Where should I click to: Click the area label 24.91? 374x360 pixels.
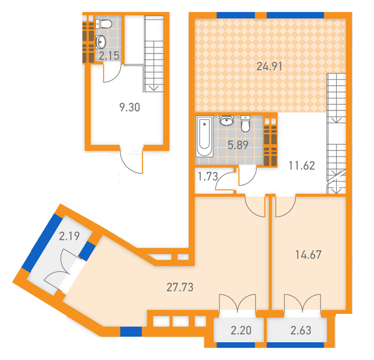pyautogui.click(x=269, y=66)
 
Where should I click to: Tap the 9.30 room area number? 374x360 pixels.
pyautogui.click(x=129, y=108)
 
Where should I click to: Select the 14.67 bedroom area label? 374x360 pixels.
pyautogui.click(x=308, y=255)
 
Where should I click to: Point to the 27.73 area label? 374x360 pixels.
pyautogui.click(x=180, y=288)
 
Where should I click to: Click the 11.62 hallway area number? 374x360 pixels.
pyautogui.click(x=302, y=166)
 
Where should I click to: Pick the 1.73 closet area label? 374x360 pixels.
pyautogui.click(x=208, y=177)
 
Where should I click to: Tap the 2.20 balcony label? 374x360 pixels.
pyautogui.click(x=241, y=331)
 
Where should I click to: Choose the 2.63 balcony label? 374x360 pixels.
pyautogui.click(x=301, y=331)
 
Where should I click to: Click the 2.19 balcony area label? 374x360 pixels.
pyautogui.click(x=69, y=236)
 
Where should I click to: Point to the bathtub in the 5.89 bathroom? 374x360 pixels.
pyautogui.click(x=204, y=136)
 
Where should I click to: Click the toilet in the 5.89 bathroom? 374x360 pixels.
pyautogui.click(x=246, y=124)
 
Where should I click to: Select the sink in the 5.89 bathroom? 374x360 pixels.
pyautogui.click(x=227, y=120)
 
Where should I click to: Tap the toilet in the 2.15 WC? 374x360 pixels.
pyautogui.click(x=104, y=24)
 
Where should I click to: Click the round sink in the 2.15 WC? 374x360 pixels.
pyautogui.click(x=101, y=42)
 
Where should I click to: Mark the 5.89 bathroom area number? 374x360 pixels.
pyautogui.click(x=238, y=145)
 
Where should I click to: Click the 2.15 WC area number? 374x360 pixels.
pyautogui.click(x=109, y=56)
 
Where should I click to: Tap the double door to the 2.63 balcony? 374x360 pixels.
pyautogui.click(x=303, y=303)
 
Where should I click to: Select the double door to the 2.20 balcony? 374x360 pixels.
pyautogui.click(x=237, y=303)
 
